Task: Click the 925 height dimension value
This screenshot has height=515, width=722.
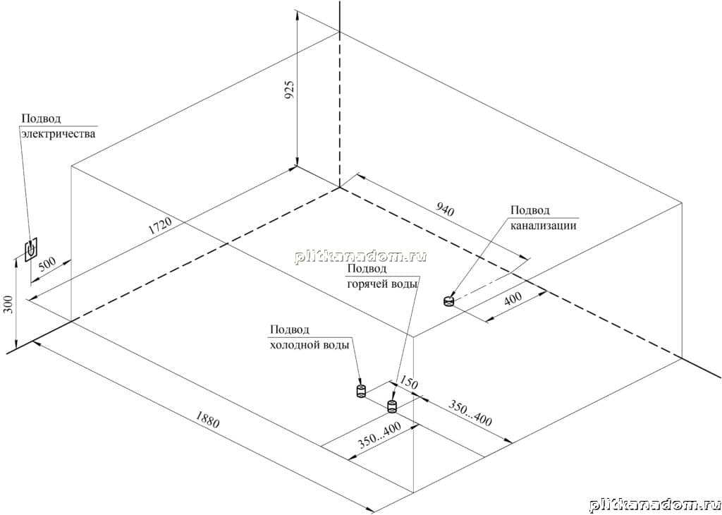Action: tap(289, 90)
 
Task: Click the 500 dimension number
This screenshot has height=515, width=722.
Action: tap(47, 264)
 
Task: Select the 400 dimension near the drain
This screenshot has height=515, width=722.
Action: tap(513, 298)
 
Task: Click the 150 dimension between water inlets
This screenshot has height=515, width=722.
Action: tap(408, 382)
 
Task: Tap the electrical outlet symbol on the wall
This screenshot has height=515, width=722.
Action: tap(31, 250)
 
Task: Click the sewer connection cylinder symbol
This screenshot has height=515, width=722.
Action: tap(448, 301)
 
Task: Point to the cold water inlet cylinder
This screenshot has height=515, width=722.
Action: tap(361, 392)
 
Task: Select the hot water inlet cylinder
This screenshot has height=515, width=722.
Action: tap(392, 406)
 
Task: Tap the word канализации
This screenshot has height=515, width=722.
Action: tap(544, 226)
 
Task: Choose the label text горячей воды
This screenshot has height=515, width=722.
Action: tap(382, 284)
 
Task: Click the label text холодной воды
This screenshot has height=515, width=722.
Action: tap(310, 345)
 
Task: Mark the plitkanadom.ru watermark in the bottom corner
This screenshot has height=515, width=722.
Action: tap(654, 505)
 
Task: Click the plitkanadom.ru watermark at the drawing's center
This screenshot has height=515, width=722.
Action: tap(361, 257)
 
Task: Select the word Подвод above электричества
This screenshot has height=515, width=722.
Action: tap(41, 119)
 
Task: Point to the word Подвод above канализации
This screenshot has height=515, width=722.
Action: tap(530, 210)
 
